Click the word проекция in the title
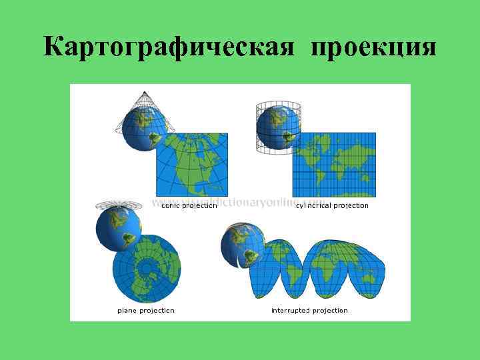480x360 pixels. pos(373,47)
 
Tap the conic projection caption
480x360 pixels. pos(189,206)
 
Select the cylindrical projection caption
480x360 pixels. pos(332,206)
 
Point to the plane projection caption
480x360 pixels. pos(146,311)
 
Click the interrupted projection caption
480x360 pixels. pos(309,311)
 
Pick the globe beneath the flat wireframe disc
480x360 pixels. pos(118,228)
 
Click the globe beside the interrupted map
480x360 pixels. pos(242,245)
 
